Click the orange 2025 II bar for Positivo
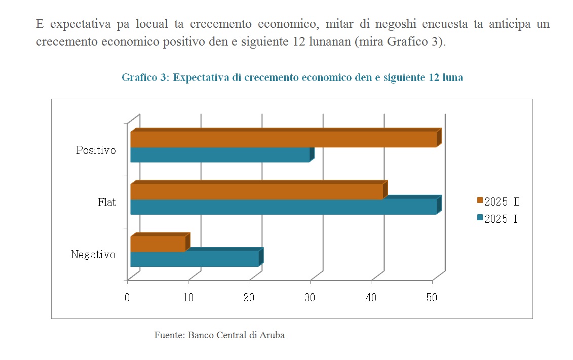pos(284,139)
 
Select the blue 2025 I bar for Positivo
pos(220,155)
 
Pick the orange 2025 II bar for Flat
pos(256,191)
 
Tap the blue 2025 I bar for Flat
pos(284,207)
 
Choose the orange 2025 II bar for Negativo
pos(158,244)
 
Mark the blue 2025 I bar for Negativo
pos(195,259)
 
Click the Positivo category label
pos(96,150)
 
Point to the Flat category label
pos(107,203)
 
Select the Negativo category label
pos(93,255)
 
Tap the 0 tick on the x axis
pos(127,298)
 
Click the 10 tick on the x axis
pos(188,298)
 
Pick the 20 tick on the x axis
pos(249,298)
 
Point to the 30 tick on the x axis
pos(310,298)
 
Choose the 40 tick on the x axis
pos(371,298)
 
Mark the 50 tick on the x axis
pos(432,298)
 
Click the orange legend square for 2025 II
pos(480,201)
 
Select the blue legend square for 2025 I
pos(480,218)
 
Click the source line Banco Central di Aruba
pos(236,335)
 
